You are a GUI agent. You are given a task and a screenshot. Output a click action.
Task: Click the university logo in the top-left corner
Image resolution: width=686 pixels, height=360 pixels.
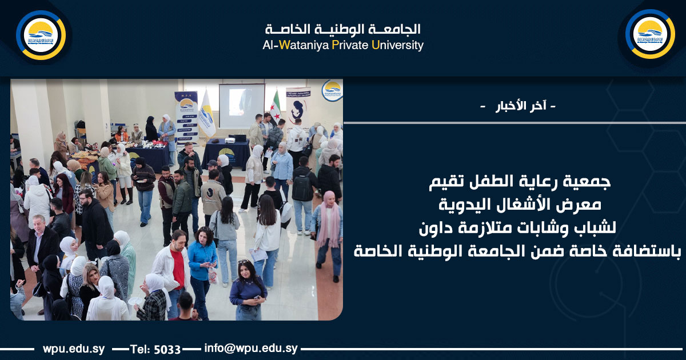(x=41, y=35)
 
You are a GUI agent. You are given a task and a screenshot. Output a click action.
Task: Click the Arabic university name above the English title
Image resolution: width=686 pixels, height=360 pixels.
(x=343, y=29)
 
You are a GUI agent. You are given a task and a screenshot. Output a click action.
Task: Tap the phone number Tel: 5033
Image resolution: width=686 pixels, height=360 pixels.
(x=155, y=349)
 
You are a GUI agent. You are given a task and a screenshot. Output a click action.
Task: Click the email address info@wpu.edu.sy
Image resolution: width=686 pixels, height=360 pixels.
(x=250, y=349)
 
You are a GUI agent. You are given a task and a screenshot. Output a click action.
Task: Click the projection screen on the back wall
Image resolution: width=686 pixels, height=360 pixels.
(x=242, y=106)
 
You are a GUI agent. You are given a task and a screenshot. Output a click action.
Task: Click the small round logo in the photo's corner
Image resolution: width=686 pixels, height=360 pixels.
(x=332, y=90)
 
